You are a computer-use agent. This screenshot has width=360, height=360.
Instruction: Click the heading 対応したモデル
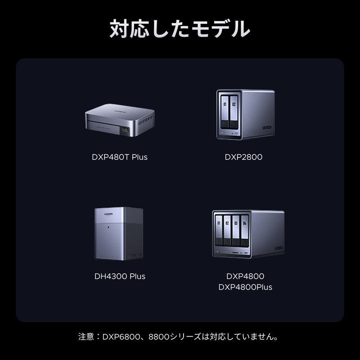click(180, 28)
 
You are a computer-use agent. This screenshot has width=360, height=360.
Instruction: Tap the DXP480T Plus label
click(120, 157)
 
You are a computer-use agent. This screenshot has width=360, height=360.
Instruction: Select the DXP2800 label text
click(243, 157)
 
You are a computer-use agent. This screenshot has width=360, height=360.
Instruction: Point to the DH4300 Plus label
click(120, 276)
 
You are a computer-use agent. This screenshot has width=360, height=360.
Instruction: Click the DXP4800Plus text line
click(245, 287)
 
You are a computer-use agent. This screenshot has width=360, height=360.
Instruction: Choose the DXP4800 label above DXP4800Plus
click(245, 276)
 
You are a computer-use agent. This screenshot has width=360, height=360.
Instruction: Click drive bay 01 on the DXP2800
click(225, 112)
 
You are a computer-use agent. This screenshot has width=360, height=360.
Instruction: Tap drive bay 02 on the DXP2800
click(234, 112)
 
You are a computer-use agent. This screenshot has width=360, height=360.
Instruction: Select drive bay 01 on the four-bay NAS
click(219, 230)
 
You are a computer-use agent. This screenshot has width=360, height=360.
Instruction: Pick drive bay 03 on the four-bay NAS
click(236, 231)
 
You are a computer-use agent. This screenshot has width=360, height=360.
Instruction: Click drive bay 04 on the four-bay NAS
click(244, 231)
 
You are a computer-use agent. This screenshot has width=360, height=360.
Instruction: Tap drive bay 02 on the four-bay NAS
click(227, 230)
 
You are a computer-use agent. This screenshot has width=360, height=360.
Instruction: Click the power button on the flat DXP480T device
click(126, 130)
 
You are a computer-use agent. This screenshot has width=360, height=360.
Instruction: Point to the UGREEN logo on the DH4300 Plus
click(108, 214)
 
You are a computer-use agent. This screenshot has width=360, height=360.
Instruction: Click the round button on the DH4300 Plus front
click(108, 227)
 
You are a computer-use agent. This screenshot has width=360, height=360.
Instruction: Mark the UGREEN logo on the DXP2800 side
click(267, 127)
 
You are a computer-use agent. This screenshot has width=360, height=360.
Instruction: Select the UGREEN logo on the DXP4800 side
click(279, 248)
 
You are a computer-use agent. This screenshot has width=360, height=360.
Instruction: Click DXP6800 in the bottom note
click(121, 337)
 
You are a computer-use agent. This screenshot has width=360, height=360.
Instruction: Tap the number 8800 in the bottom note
click(159, 337)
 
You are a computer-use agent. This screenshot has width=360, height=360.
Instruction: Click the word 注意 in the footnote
click(86, 337)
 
